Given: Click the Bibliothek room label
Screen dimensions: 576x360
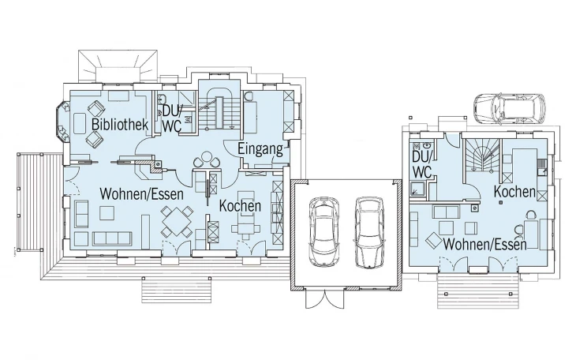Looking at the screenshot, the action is pos(120,124).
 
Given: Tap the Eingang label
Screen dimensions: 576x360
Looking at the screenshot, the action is pos(260,149).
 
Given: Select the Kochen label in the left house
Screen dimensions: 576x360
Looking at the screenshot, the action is pos(240,206).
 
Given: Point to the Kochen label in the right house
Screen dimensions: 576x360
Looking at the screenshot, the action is pos(514,192).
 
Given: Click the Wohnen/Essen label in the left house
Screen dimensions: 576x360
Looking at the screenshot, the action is pos(141,193).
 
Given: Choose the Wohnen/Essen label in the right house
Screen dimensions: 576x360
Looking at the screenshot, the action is pos(485,244).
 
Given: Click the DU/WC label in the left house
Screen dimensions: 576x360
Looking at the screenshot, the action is pos(172,118).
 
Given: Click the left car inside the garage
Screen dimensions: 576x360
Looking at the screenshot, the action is pos(324,231).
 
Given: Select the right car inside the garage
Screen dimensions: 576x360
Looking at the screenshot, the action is pos(369,232).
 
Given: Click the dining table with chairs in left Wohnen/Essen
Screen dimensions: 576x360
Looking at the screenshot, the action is pos(177,221).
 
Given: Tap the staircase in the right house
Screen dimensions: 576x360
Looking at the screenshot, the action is pos(481,155).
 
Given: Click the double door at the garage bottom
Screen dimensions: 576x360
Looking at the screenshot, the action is pos(325,299).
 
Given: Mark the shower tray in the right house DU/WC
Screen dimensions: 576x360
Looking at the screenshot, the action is pos(417,189).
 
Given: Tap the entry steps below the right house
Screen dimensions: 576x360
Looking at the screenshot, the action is pos(478,291).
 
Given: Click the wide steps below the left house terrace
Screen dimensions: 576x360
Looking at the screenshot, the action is pos(176,290).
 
